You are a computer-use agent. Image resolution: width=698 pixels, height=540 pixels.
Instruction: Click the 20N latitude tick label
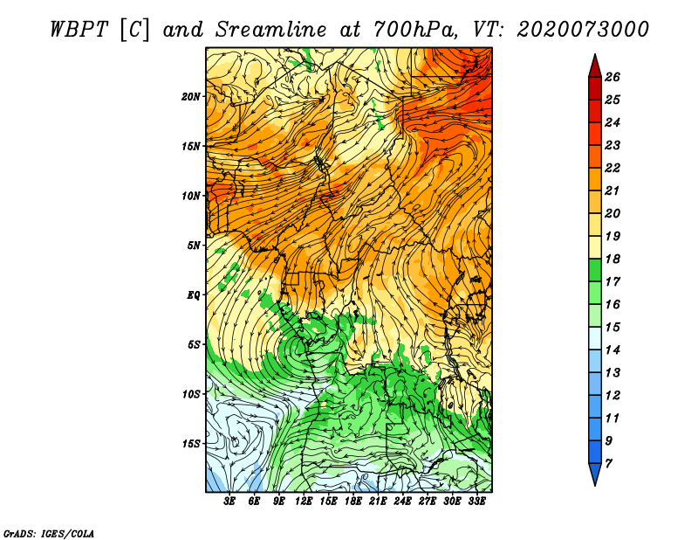190,97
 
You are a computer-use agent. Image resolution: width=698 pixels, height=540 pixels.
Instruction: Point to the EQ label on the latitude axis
193,295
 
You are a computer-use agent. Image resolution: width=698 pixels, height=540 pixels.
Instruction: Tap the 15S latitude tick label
191,444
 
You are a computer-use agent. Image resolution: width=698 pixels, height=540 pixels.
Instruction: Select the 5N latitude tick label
194,246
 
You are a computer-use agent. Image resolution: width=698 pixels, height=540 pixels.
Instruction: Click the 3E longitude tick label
229,501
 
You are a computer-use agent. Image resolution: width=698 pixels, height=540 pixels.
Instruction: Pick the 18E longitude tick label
353,501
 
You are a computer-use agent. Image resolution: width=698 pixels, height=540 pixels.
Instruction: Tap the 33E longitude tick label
476,501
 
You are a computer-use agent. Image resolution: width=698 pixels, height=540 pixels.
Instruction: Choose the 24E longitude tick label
402,501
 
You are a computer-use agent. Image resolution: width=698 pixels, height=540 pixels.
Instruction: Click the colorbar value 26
612,77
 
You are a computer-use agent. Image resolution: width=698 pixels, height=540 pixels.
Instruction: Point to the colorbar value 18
612,259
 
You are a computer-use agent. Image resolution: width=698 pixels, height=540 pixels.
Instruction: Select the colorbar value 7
608,464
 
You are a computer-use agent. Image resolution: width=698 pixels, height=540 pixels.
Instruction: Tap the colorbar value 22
612,168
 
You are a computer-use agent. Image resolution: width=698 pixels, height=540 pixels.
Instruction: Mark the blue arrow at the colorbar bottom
595,474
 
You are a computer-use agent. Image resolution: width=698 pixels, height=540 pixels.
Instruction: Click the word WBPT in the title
79,30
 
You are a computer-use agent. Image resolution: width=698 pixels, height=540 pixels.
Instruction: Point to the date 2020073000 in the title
583,30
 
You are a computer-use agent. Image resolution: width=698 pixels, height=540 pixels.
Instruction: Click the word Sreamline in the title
271,30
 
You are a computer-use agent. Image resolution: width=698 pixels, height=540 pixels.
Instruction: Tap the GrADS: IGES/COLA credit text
49,534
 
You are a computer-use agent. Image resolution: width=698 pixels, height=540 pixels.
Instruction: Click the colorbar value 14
612,350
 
